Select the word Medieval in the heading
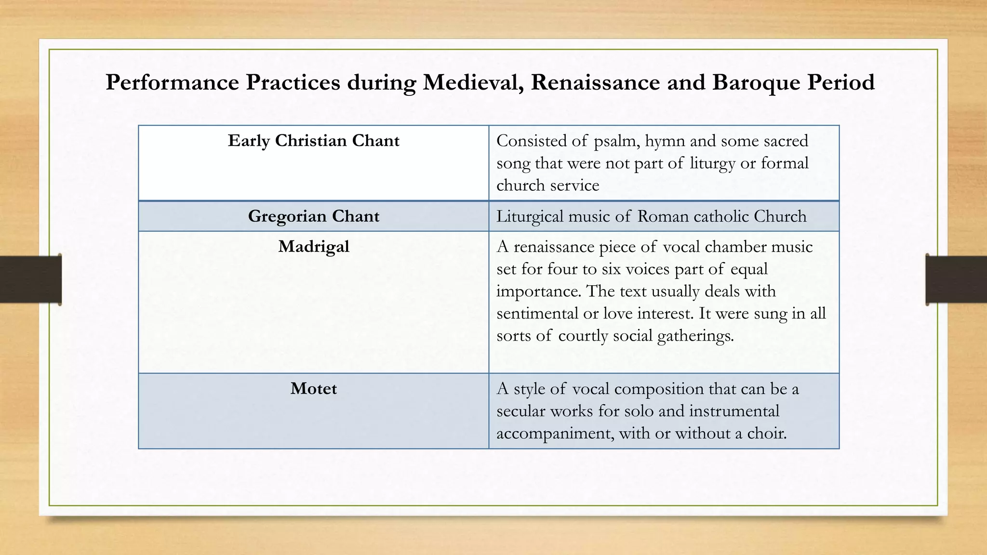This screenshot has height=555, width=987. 473,83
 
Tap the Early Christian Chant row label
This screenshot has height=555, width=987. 313,141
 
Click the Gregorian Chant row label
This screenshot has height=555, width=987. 313,216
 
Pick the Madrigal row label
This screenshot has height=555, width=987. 313,247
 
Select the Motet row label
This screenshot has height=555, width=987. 313,389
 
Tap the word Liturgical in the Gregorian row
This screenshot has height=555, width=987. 530,216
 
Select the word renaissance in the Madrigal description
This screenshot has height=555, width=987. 554,247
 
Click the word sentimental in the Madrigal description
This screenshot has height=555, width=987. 537,314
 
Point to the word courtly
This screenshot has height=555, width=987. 583,336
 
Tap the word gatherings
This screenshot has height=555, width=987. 695,336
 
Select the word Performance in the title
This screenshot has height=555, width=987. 172,83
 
